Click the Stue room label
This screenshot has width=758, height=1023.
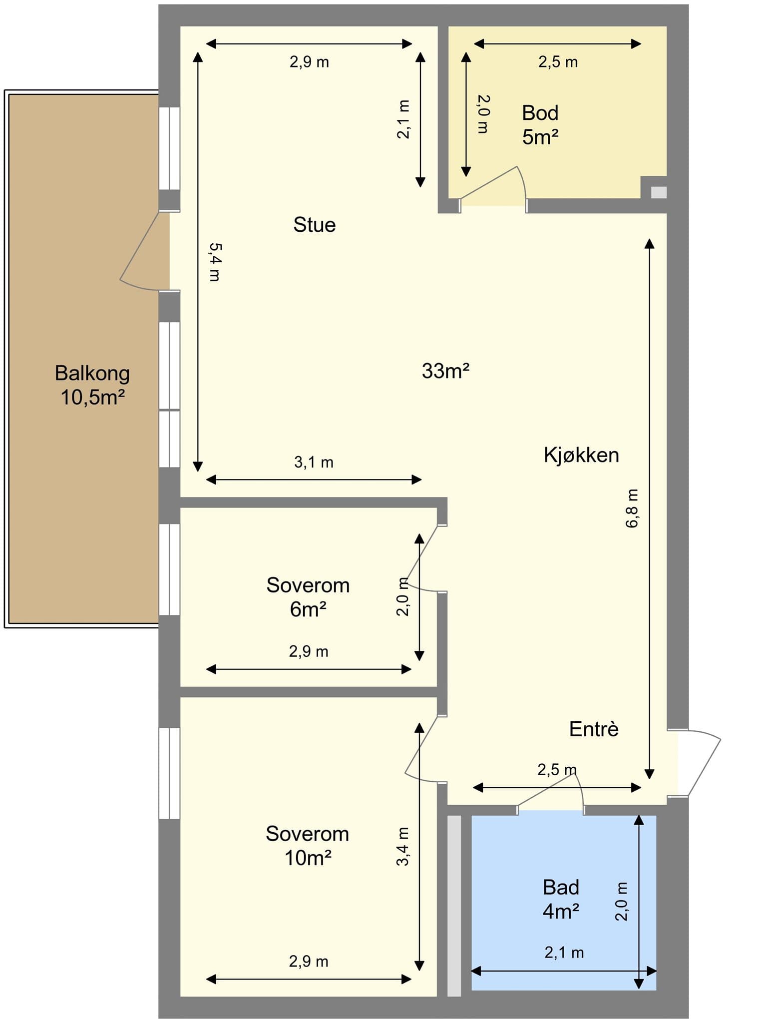tap(314, 225)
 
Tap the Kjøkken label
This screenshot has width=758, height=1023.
tap(581, 455)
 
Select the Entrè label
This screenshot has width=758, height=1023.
tap(594, 729)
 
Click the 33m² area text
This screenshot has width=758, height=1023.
tap(445, 371)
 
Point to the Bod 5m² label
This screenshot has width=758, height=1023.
tap(540, 125)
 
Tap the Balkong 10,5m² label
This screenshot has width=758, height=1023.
tap(92, 385)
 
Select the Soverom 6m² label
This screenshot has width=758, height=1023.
tap(308, 597)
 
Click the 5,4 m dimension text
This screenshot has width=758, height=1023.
tap(215, 262)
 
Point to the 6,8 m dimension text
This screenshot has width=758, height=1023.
tap(632, 508)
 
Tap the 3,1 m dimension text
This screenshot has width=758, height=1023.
tap(314, 462)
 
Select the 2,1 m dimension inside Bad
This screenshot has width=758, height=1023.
tap(564, 953)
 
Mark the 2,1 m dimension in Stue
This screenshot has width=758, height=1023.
tap(403, 119)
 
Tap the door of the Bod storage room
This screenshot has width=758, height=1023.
tap(493, 184)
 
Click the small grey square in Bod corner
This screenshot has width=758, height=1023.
tap(659, 192)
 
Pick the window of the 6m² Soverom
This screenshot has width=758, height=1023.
tap(169, 569)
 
